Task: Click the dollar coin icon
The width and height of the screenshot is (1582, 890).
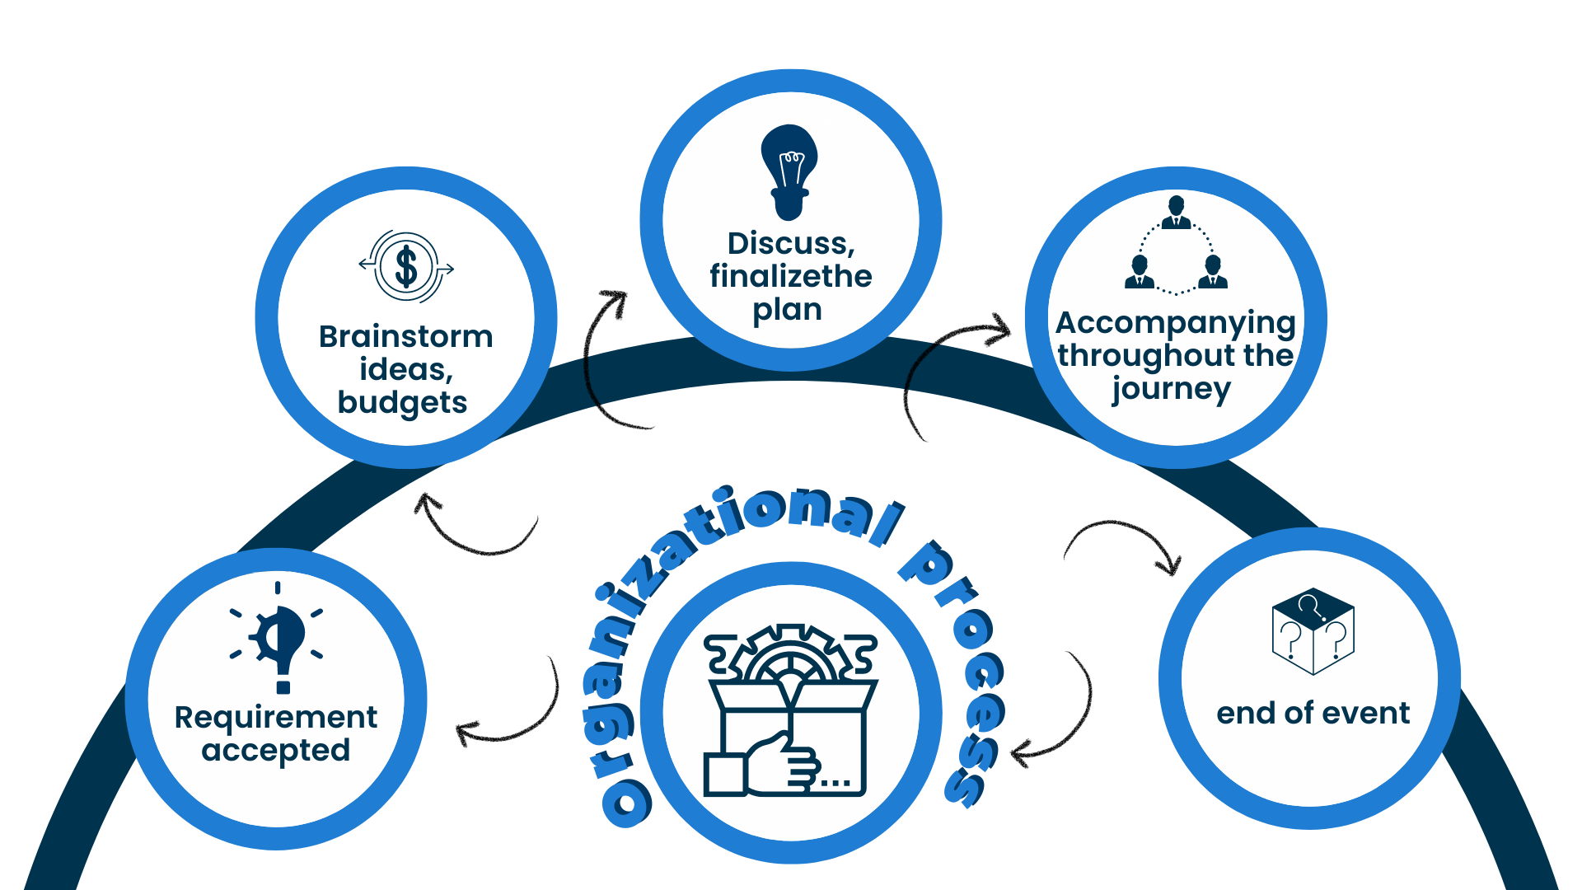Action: point(406,267)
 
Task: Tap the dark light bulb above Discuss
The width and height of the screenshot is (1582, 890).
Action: point(789,171)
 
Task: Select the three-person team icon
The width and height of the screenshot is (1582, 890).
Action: point(1176,246)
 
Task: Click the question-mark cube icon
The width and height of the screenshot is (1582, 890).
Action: point(1313,631)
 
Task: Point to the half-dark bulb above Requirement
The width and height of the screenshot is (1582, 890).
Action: point(278,639)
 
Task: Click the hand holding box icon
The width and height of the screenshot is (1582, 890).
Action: point(790,710)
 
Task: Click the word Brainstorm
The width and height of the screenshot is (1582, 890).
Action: point(405,336)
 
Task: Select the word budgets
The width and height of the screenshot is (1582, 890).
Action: point(402,402)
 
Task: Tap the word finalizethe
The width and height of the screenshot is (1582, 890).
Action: point(790,276)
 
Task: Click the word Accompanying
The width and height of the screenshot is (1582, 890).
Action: point(1176,323)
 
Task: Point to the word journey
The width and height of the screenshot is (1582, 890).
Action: point(1171,389)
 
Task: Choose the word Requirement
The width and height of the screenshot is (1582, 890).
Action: point(276,717)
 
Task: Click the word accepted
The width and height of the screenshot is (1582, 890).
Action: point(276,751)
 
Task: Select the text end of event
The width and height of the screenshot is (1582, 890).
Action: point(1313,713)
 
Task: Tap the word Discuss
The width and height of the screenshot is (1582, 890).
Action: point(790,243)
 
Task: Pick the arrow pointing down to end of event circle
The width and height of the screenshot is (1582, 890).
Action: point(1125,540)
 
